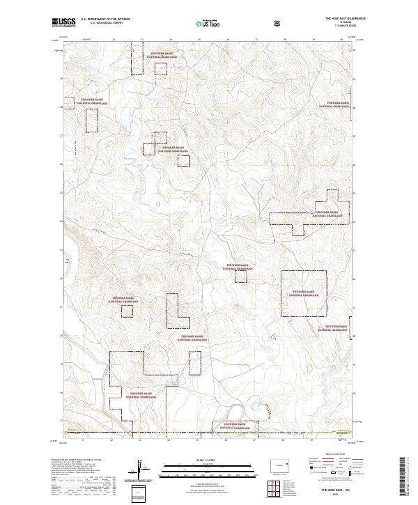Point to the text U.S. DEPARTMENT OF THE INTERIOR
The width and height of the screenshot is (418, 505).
pyautogui.click(x=104, y=20)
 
